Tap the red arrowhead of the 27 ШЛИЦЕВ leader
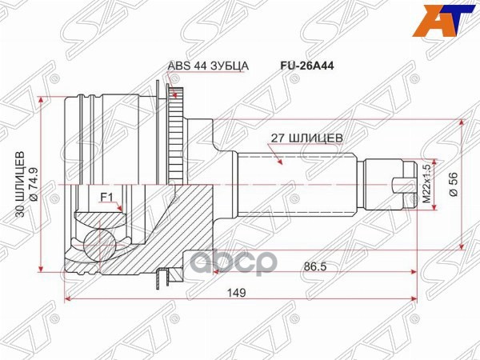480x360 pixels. [x=281, y=163]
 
